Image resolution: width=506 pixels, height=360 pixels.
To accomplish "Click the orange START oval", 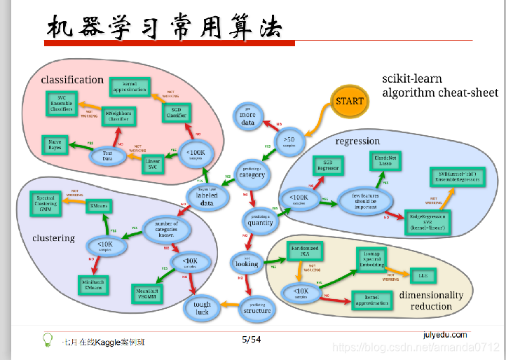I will pyautogui.click(x=349, y=101).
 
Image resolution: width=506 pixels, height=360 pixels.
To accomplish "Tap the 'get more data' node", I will pyautogui.click(x=247, y=118).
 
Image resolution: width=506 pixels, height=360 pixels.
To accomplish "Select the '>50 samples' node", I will pyautogui.click(x=289, y=142).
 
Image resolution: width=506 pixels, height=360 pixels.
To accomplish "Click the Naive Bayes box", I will pyautogui.click(x=55, y=145).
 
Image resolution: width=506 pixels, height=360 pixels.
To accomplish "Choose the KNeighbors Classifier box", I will pyautogui.click(x=118, y=116).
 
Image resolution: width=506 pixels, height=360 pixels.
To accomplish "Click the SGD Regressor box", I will pyautogui.click(x=329, y=165).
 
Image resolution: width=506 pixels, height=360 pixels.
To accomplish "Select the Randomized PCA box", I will pyautogui.click(x=304, y=251).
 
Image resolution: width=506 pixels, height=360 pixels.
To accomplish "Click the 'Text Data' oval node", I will pyautogui.click(x=107, y=155).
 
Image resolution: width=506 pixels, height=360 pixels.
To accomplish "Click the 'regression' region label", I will pyautogui.click(x=357, y=141).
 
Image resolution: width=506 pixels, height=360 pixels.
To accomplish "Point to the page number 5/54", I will pyautogui.click(x=251, y=340).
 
